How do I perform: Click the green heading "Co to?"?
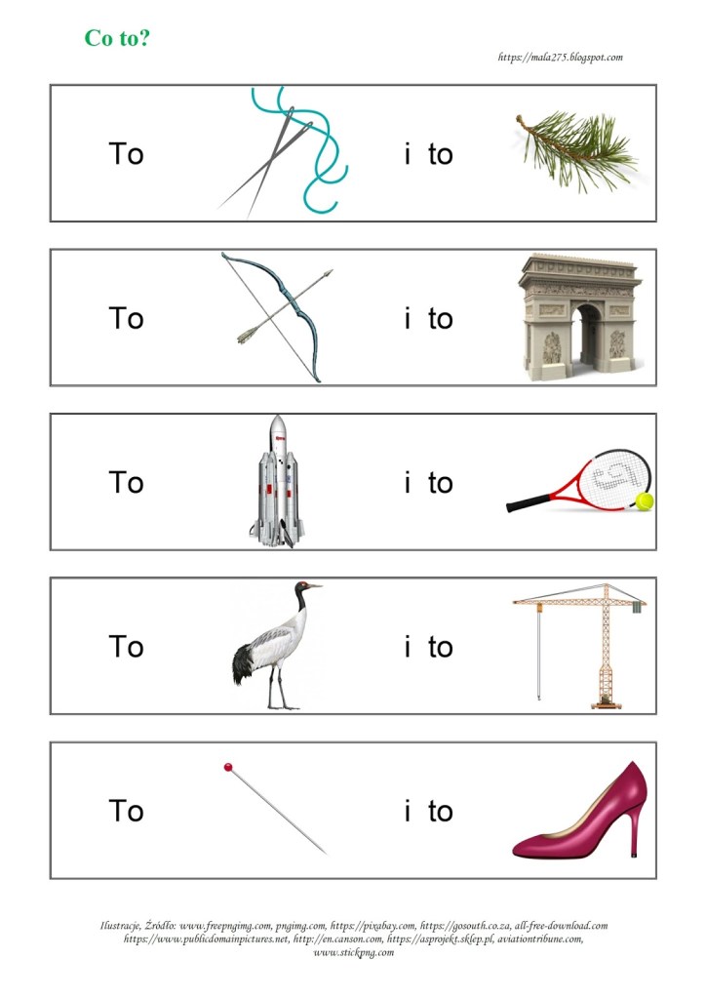[118, 38]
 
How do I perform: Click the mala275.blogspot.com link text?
[560, 58]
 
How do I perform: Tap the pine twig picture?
[577, 150]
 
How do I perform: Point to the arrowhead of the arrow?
[328, 273]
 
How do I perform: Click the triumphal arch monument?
[579, 317]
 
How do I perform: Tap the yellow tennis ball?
[645, 501]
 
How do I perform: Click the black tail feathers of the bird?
[241, 663]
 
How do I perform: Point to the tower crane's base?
[608, 702]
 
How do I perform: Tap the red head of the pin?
[228, 767]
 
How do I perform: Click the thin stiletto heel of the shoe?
[633, 830]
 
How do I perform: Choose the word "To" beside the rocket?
[126, 482]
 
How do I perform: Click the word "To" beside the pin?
[126, 811]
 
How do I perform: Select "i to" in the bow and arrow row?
[428, 318]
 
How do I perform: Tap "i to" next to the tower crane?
[428, 647]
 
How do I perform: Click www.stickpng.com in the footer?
[353, 953]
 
